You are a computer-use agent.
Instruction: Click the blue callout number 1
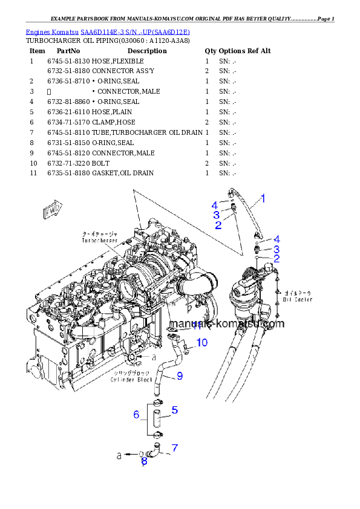(x=263, y=198)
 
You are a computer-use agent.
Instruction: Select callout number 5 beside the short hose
(x=174, y=410)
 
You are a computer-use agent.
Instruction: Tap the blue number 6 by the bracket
(x=137, y=415)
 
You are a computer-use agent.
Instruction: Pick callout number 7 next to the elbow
(x=174, y=448)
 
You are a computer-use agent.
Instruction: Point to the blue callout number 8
(x=144, y=462)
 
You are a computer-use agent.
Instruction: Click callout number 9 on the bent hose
(x=180, y=377)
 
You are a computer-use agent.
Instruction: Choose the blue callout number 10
(x=201, y=343)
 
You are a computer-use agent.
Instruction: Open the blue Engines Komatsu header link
(x=108, y=31)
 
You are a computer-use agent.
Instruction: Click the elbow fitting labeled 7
(x=157, y=449)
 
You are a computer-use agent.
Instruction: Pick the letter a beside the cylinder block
(x=154, y=357)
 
